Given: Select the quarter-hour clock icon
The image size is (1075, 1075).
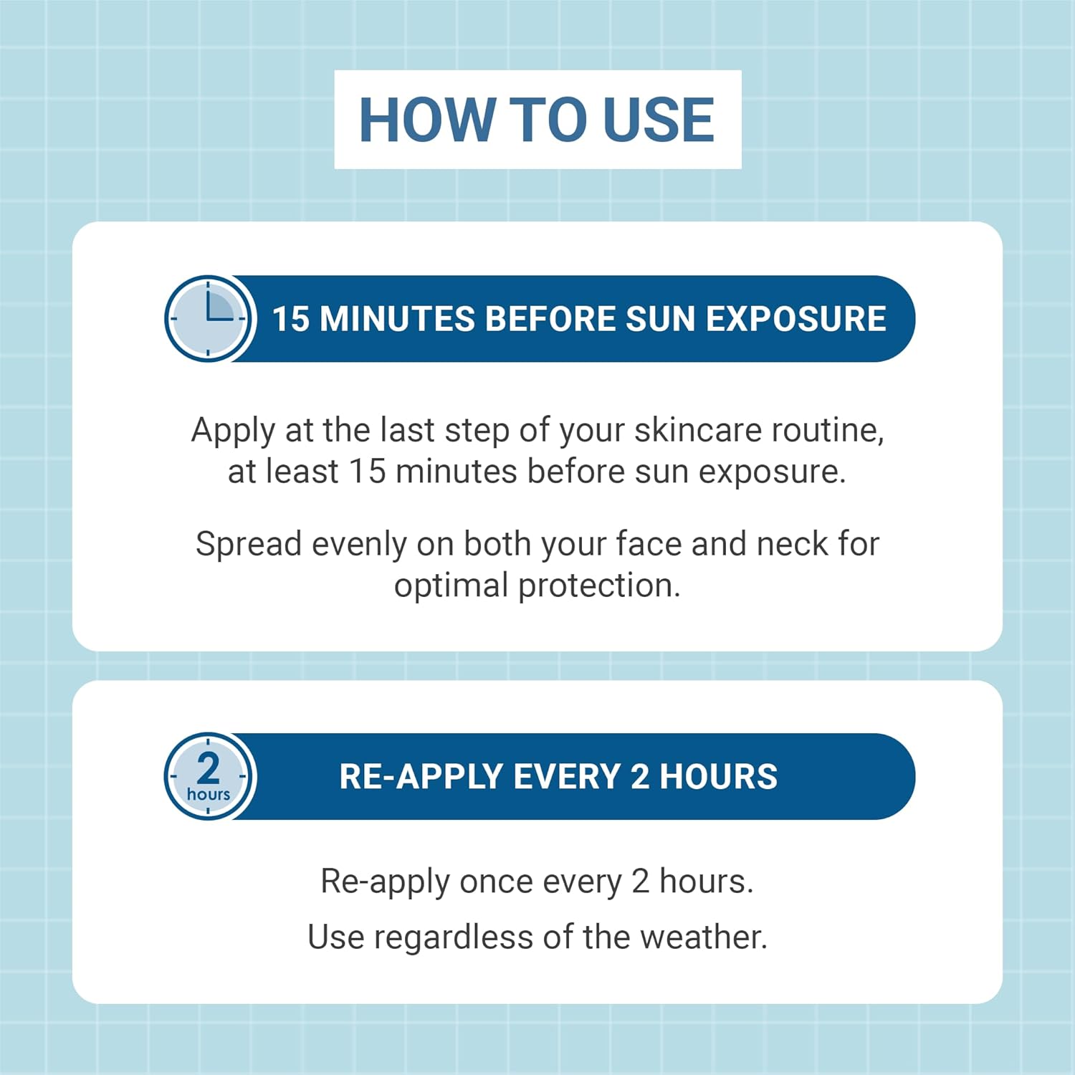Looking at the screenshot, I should click(209, 318).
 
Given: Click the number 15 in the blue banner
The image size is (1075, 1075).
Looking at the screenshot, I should click(290, 319).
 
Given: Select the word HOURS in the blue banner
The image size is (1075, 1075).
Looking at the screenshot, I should click(718, 777).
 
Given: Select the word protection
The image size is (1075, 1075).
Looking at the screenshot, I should click(599, 586).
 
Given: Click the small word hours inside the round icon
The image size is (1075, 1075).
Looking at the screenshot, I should click(209, 794).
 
